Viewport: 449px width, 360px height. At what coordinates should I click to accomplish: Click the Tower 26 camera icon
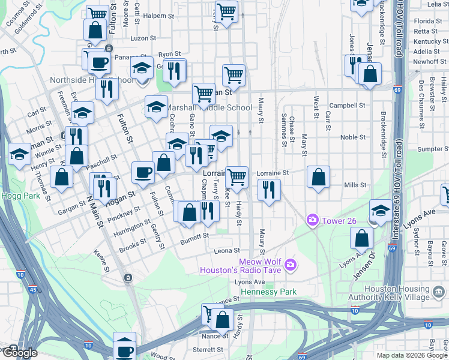312,221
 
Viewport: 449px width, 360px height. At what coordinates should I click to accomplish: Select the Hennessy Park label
268,292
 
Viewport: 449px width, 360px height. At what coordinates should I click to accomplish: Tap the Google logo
19,353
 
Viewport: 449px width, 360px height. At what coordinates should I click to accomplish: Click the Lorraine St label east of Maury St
273,173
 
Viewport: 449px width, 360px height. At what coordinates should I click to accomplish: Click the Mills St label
355,185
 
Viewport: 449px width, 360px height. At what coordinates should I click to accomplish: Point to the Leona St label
228,251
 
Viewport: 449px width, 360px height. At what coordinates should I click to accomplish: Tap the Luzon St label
143,38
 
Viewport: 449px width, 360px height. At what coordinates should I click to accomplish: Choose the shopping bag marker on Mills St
318,178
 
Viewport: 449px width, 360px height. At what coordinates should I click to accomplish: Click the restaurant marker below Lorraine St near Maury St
268,190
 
